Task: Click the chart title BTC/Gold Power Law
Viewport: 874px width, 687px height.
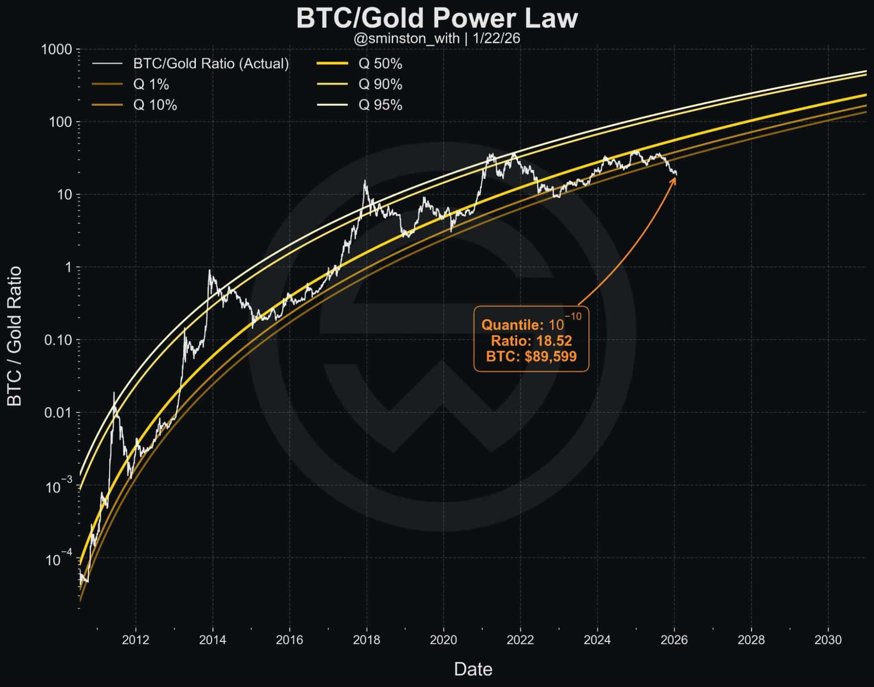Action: click(437, 18)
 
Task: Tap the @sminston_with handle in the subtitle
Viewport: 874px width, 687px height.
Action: click(406, 39)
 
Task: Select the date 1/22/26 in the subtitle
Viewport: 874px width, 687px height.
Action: click(496, 39)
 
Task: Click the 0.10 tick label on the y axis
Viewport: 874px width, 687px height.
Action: click(58, 340)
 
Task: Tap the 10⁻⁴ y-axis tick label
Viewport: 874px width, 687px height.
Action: click(59, 559)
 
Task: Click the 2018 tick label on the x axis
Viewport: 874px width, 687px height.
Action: click(366, 640)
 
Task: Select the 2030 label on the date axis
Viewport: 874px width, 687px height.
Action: click(828, 640)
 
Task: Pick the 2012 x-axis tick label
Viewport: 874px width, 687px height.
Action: click(136, 640)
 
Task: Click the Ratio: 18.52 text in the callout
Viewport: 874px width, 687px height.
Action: click(531, 341)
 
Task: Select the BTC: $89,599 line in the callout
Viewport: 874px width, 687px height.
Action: click(531, 356)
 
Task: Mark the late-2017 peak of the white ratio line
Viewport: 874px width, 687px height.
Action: click(365, 181)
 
